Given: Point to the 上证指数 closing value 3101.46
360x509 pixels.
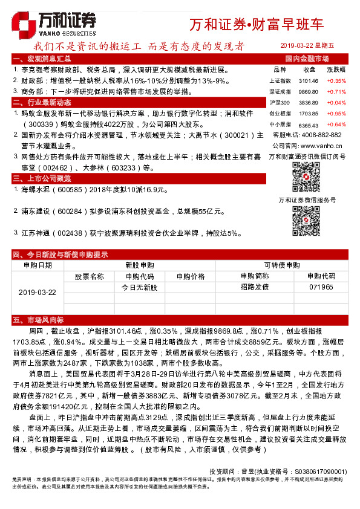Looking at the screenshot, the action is click(308, 80).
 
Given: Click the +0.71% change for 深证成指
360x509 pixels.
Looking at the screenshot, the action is click(336, 91).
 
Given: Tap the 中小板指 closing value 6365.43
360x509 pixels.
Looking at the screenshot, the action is click(308, 124).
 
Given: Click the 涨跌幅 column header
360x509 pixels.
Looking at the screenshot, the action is click(336, 70).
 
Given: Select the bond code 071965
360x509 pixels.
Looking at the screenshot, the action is click(321, 287).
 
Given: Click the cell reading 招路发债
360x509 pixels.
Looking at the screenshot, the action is click(255, 287).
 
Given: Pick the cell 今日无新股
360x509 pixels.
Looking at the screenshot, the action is click(136, 287).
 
